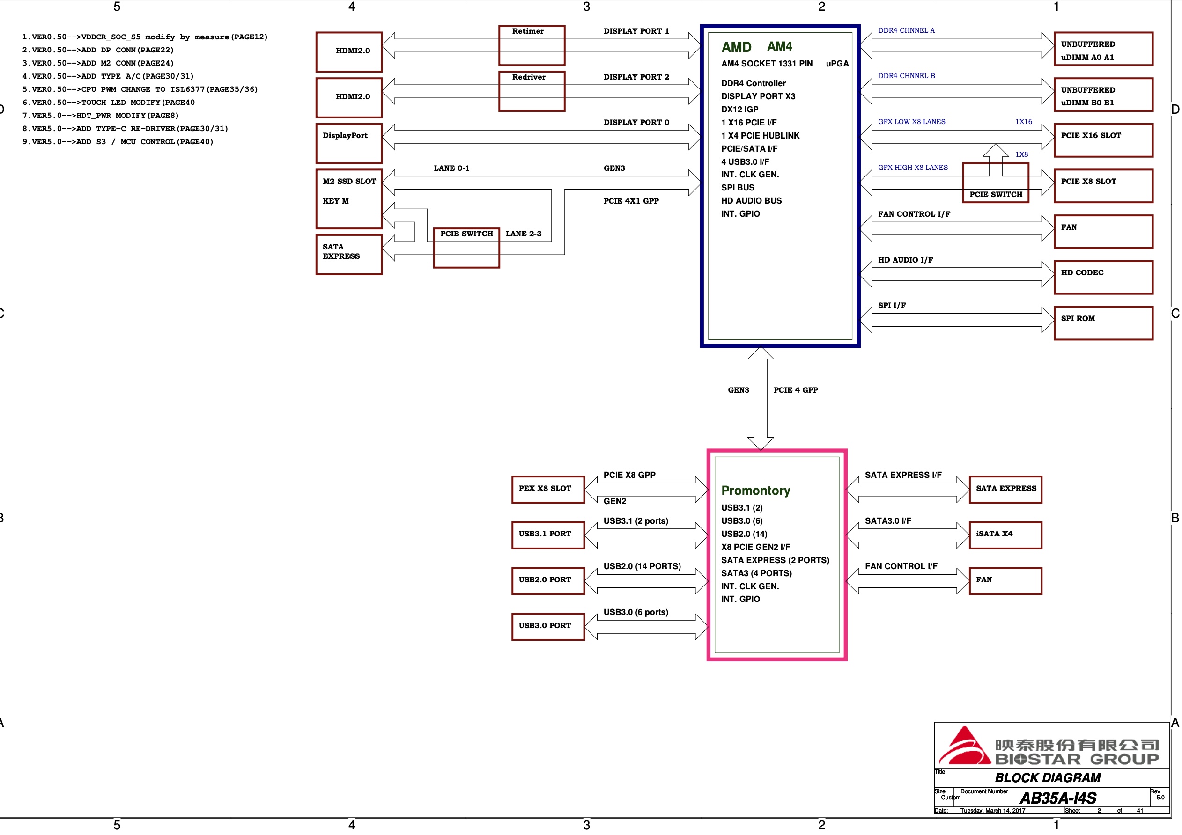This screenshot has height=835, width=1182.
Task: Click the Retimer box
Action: coord(531,45)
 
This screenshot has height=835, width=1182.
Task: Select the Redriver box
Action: coord(531,91)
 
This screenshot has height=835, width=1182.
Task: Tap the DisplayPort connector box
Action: coord(348,143)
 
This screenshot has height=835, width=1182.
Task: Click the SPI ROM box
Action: coord(1103,323)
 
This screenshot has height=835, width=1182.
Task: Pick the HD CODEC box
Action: coord(1103,277)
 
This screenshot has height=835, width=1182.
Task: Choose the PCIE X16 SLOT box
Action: coord(1103,140)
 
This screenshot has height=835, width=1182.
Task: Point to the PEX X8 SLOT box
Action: coord(548,489)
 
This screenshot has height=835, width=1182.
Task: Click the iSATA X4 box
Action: coord(1005,535)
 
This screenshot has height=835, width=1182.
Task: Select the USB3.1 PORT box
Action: coord(548,535)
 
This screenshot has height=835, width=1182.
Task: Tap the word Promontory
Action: coord(755,491)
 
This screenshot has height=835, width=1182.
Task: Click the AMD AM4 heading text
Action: coord(756,47)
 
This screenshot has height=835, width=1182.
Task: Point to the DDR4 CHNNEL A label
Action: coord(906,30)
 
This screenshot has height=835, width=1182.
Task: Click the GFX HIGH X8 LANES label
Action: coord(912,167)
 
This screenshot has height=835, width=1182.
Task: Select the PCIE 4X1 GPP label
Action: coord(631,201)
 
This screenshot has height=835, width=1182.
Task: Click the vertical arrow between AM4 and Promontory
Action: coord(761,399)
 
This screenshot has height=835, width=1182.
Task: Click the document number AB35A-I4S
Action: coord(1057,798)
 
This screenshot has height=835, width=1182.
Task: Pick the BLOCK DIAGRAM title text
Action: coord(1047,777)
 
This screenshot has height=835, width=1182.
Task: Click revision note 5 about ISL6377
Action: coord(140,89)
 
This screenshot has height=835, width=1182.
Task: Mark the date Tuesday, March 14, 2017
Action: coord(992,810)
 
